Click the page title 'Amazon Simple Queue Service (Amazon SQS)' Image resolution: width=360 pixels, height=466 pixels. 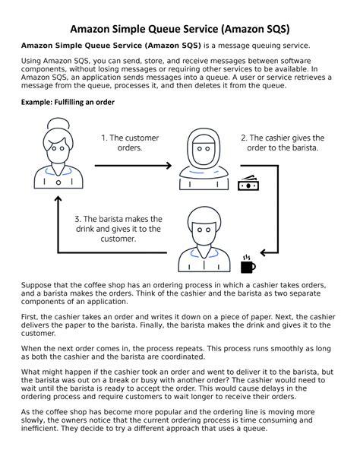[180, 29]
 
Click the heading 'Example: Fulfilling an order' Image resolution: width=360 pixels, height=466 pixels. [68, 102]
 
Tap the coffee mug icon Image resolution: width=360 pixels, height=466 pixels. [248, 265]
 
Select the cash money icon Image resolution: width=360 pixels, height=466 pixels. [248, 183]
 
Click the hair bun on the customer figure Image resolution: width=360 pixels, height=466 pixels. [58, 123]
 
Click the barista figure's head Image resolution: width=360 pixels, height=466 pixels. [204, 227]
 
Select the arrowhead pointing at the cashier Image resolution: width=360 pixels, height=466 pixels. [169, 166]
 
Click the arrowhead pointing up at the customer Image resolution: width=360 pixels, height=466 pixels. [58, 199]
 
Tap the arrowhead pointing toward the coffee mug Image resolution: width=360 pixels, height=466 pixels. [264, 253]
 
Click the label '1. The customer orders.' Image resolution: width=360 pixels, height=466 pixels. [130, 143]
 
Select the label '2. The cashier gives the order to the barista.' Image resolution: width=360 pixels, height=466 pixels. [283, 143]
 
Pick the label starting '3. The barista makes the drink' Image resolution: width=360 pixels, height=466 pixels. [118, 229]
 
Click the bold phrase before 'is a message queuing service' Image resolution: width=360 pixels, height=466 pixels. [111, 46]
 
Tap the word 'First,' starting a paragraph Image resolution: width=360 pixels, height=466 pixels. [29, 317]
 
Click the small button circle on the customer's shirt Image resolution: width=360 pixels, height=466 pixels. [58, 182]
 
